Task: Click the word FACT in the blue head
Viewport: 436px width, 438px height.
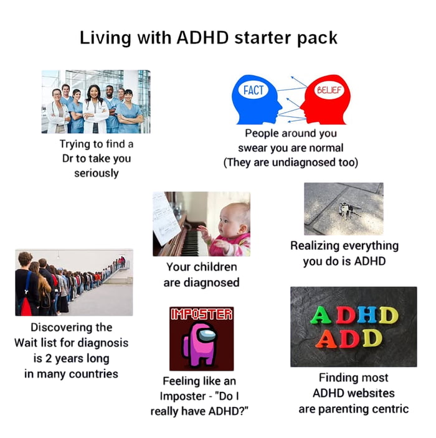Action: coord(254,90)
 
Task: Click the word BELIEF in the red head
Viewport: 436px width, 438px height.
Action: coord(327,90)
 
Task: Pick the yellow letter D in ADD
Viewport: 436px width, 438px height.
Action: coord(371,338)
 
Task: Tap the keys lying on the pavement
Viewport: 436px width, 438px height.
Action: coord(344,210)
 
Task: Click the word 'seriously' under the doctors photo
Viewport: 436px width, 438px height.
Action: coord(96,173)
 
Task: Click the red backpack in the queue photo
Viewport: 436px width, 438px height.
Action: coord(26,305)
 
